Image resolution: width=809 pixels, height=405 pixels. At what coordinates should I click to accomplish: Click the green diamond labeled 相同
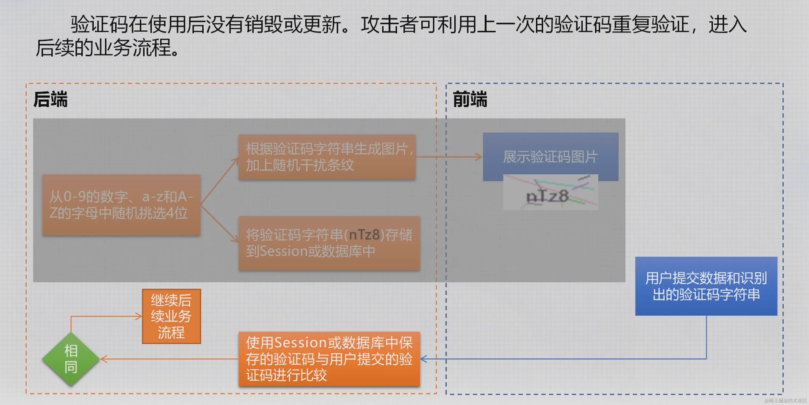pyautogui.click(x=71, y=359)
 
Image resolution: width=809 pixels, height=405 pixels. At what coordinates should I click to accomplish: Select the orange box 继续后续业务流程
pyautogui.click(x=171, y=316)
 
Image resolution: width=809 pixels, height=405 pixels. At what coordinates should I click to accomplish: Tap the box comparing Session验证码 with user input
pyautogui.click(x=329, y=359)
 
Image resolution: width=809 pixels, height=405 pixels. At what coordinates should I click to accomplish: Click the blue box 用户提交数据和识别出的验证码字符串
pyautogui.click(x=706, y=286)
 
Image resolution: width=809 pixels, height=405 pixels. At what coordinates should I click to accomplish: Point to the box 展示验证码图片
pyautogui.click(x=550, y=157)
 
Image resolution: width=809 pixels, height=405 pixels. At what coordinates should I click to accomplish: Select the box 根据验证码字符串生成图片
pyautogui.click(x=327, y=157)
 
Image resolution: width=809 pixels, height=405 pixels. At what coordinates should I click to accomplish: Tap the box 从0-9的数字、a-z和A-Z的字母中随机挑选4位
pyautogui.click(x=121, y=205)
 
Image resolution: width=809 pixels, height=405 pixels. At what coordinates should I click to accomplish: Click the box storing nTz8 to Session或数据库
pyautogui.click(x=329, y=243)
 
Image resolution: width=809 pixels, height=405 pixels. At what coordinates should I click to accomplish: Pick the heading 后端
pyautogui.click(x=51, y=99)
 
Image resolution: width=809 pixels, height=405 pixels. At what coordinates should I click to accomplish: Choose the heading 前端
pyautogui.click(x=470, y=99)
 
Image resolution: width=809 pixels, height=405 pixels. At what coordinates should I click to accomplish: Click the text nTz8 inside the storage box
pyautogui.click(x=364, y=235)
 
